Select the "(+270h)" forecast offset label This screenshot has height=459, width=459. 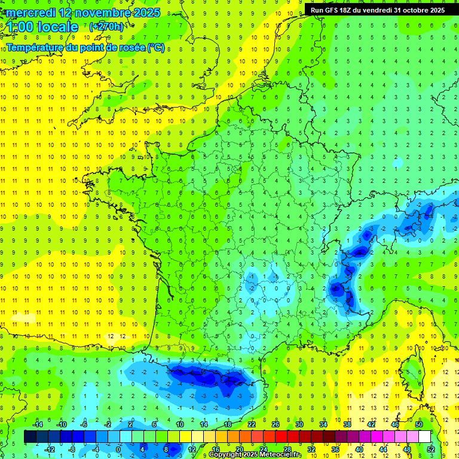(106, 26)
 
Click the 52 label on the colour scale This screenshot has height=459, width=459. (431, 449)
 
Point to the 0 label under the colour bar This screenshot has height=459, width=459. (118, 449)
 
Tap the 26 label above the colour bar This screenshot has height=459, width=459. (275, 424)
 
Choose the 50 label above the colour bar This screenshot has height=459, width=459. (418, 424)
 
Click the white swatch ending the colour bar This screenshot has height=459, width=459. (424, 437)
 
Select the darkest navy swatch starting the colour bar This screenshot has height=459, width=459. (30, 437)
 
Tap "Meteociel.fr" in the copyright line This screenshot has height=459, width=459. (280, 455)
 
